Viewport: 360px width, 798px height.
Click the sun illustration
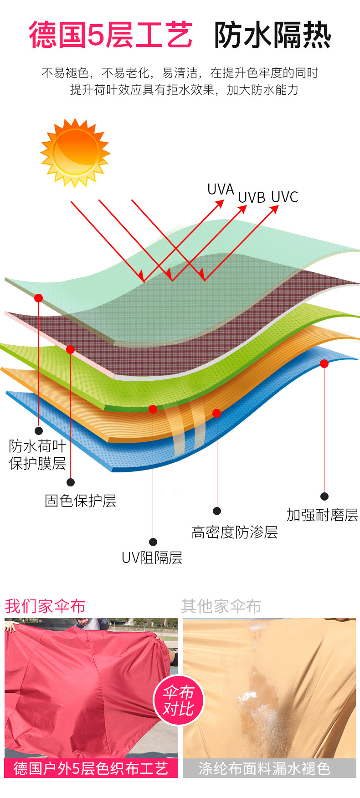75,153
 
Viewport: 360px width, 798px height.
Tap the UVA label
221,189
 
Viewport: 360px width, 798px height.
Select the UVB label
252,198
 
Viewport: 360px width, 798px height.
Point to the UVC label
285,197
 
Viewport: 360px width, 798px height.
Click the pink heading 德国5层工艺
111,35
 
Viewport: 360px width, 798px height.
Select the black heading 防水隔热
272,35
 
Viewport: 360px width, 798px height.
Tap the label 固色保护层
81,501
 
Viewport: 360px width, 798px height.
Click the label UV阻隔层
152,558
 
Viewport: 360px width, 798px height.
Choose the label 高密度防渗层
235,532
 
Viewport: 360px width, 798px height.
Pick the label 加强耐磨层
322,515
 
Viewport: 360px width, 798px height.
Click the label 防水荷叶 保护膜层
37,455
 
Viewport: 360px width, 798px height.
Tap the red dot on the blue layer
324,363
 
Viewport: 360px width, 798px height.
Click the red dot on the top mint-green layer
38,298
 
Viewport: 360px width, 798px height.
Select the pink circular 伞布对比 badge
178,701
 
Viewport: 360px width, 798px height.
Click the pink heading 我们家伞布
45,606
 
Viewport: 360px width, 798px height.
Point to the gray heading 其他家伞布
221,606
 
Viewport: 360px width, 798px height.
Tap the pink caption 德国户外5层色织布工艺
91,768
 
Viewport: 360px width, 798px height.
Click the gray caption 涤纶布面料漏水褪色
264,768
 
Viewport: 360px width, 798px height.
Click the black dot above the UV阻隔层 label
153,542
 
